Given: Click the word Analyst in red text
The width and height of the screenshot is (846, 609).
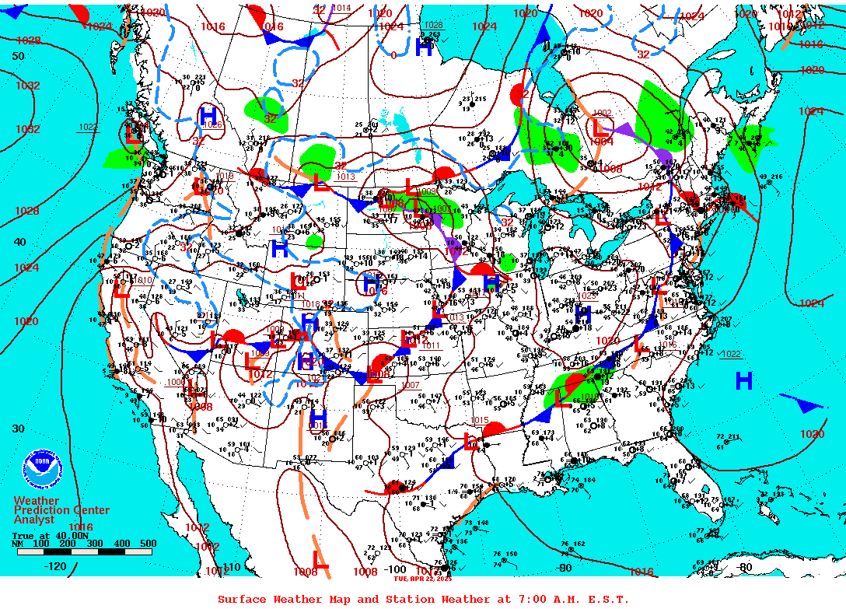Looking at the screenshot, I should point(34,520).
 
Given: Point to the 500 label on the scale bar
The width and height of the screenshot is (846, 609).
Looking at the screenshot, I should point(148,544).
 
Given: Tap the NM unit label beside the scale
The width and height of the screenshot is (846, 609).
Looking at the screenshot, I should point(17,544).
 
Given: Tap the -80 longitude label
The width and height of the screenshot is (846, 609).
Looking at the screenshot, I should point(745,567).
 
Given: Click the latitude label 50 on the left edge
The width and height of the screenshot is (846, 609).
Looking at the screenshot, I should point(18,56).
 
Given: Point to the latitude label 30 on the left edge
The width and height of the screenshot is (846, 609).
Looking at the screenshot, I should point(18,429).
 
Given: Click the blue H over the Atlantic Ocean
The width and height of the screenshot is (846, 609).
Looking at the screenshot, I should point(744,380).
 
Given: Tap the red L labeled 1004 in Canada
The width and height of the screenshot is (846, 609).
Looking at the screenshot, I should point(599,128).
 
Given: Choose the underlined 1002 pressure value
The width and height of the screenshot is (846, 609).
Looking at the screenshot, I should point(602,114).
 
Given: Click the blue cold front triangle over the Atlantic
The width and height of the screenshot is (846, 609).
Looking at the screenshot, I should point(810,406).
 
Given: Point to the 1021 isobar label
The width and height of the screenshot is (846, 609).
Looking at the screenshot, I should point(810,303).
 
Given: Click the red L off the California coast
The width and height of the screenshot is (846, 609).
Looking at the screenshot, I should point(121,292).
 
